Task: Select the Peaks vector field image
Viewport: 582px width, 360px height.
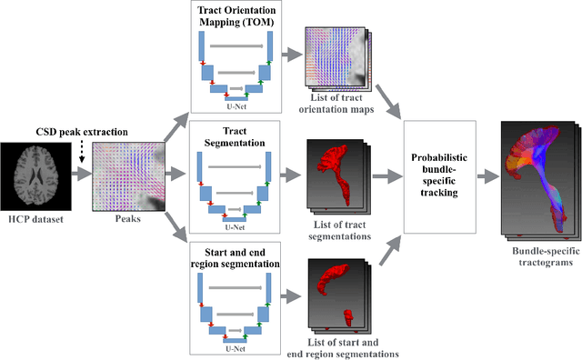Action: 127,175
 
